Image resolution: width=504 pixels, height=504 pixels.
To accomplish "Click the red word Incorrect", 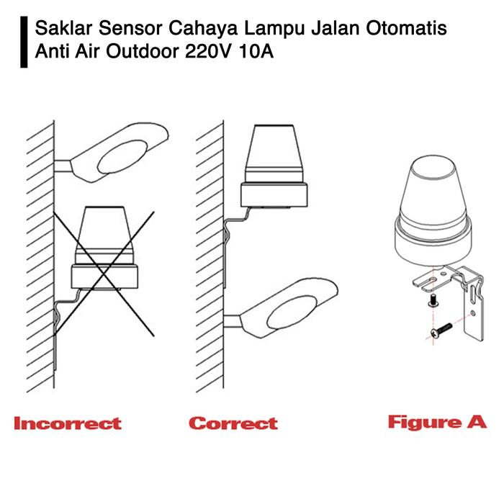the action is [x=68, y=423].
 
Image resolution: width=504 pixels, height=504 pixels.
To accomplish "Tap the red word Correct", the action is [x=233, y=423].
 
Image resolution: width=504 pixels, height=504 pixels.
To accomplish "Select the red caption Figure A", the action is [x=438, y=422].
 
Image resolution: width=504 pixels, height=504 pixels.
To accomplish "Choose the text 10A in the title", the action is [x=256, y=51].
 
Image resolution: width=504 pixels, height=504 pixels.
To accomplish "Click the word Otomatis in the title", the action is [x=407, y=27].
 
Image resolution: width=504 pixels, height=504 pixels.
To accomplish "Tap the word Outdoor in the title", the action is [x=143, y=51].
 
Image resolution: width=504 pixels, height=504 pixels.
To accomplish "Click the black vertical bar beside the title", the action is [x=24, y=42].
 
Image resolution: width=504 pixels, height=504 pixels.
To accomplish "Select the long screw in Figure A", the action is [x=441, y=330].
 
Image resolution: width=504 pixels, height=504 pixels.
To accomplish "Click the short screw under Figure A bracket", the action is [x=433, y=300].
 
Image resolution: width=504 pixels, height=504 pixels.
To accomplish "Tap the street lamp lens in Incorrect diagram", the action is [x=122, y=157].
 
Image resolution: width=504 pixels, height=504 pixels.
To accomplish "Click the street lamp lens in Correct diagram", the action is [x=292, y=312].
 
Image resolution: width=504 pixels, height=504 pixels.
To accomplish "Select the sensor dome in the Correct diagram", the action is [x=274, y=153].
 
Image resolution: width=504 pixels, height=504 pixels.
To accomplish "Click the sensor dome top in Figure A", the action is [x=433, y=166].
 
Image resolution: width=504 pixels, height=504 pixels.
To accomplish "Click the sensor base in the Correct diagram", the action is [x=274, y=195].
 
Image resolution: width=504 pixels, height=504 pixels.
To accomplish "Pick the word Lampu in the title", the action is [x=274, y=28].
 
